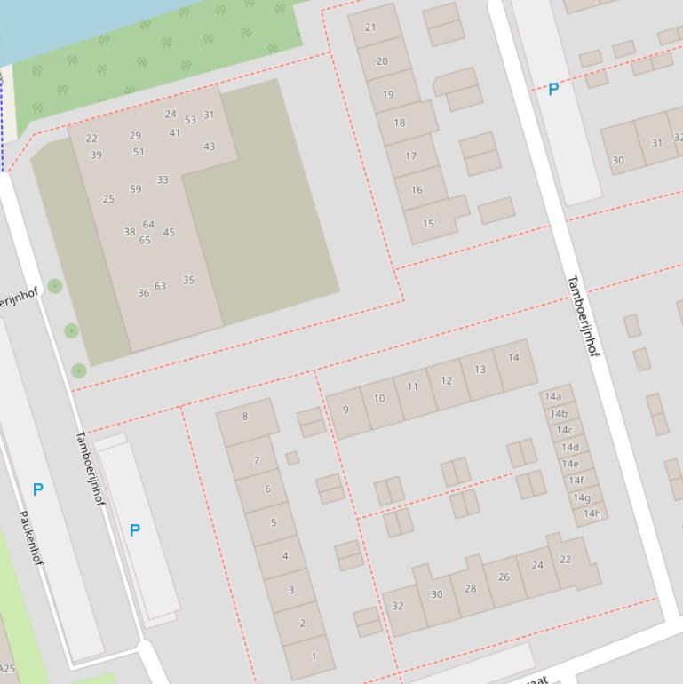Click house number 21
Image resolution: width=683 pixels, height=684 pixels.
point(370,28)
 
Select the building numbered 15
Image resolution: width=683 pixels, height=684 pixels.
point(428,223)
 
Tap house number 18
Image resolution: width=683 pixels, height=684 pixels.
point(399,123)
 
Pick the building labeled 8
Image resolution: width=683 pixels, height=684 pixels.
point(245,416)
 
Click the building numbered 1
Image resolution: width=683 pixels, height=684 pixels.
point(313,656)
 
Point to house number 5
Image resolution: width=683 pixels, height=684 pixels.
point(273,522)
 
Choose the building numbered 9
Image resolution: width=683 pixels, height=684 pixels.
point(345,410)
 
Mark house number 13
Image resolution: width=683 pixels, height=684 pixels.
point(480,370)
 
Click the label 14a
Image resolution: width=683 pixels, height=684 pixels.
point(553,397)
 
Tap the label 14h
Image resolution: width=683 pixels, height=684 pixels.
point(592,513)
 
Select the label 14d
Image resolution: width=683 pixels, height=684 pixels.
point(569,447)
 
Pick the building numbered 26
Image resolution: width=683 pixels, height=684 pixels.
point(504,577)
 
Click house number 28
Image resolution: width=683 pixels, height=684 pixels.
point(470,588)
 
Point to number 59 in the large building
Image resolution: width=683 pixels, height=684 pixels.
point(135,188)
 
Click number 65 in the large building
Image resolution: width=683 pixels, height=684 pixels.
point(144,240)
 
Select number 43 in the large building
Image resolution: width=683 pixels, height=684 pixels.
point(209,147)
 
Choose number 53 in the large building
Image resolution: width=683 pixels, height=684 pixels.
point(190,120)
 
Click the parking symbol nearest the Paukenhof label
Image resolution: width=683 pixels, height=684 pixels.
point(37,489)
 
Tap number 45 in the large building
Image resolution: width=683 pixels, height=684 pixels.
point(169,232)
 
